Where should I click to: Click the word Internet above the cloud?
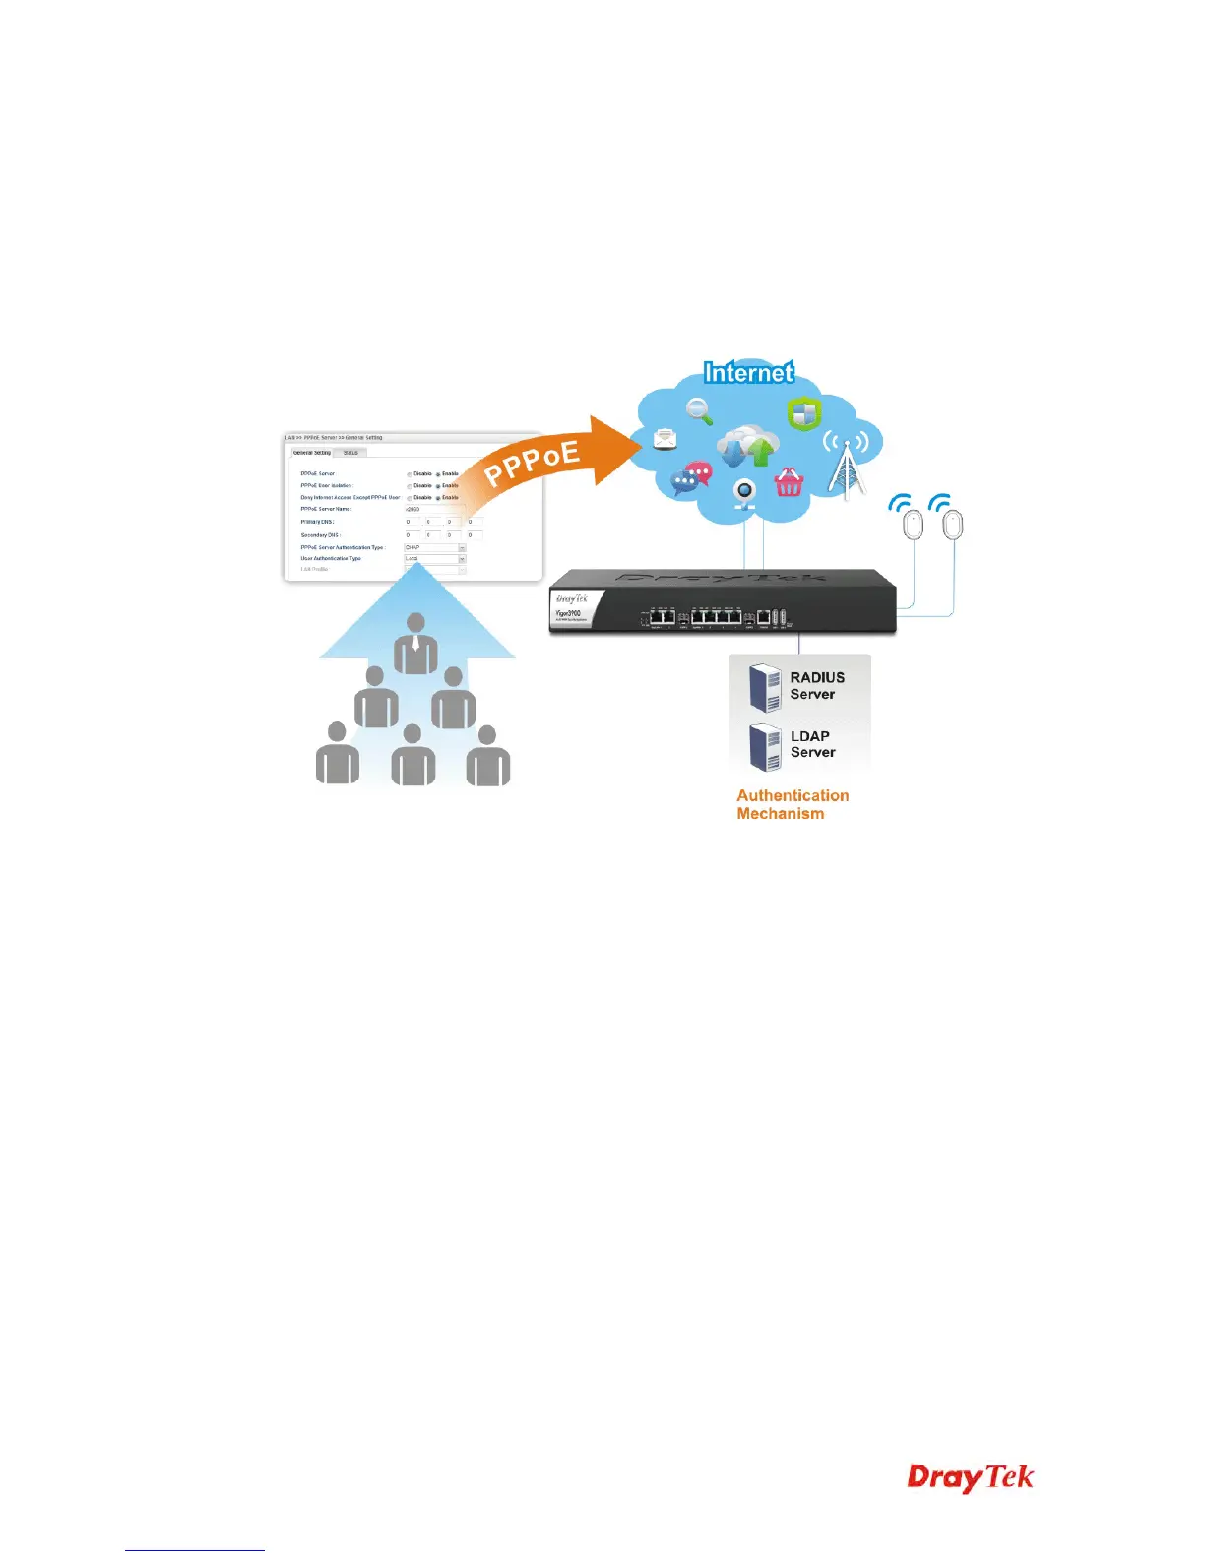(x=748, y=372)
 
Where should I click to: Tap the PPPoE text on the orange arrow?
(x=532, y=463)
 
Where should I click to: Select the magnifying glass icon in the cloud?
(x=700, y=410)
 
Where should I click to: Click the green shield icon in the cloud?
(x=803, y=412)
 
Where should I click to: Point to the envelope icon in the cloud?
(x=666, y=438)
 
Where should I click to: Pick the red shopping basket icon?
(x=790, y=482)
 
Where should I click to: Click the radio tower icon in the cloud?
(x=845, y=463)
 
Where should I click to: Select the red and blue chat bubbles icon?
(x=691, y=479)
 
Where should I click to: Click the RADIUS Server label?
(x=817, y=685)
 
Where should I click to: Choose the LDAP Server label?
(x=812, y=744)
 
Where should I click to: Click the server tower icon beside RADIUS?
(x=765, y=686)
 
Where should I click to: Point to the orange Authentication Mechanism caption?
(x=792, y=804)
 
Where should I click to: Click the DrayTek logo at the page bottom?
(x=970, y=1477)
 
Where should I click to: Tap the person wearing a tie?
(x=415, y=645)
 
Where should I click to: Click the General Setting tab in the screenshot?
(x=312, y=453)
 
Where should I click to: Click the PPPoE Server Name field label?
(x=326, y=509)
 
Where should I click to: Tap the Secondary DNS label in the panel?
(x=320, y=535)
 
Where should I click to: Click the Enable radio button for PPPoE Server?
(x=438, y=474)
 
